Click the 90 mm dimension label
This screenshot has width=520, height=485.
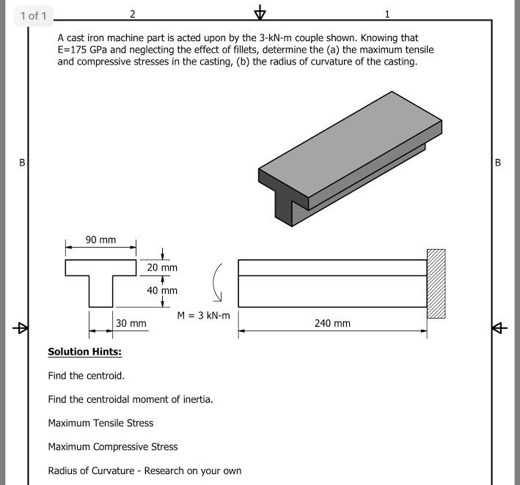[100, 240]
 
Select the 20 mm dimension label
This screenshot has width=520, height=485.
[162, 267]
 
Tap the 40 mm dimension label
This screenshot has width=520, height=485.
[162, 290]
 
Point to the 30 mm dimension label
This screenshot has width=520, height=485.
[131, 323]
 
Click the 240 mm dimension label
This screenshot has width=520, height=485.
[332, 323]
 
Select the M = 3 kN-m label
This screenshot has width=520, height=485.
[203, 316]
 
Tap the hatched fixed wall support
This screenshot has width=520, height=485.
[436, 284]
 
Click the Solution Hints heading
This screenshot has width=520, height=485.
[85, 352]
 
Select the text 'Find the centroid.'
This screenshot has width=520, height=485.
[86, 376]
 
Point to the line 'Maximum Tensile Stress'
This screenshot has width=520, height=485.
[100, 423]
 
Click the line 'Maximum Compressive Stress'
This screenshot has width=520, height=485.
[112, 446]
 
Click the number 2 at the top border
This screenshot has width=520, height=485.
[132, 14]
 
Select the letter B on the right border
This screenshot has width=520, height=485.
[499, 163]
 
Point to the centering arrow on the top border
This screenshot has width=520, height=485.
[260, 14]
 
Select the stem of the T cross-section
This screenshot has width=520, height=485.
[100, 292]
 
